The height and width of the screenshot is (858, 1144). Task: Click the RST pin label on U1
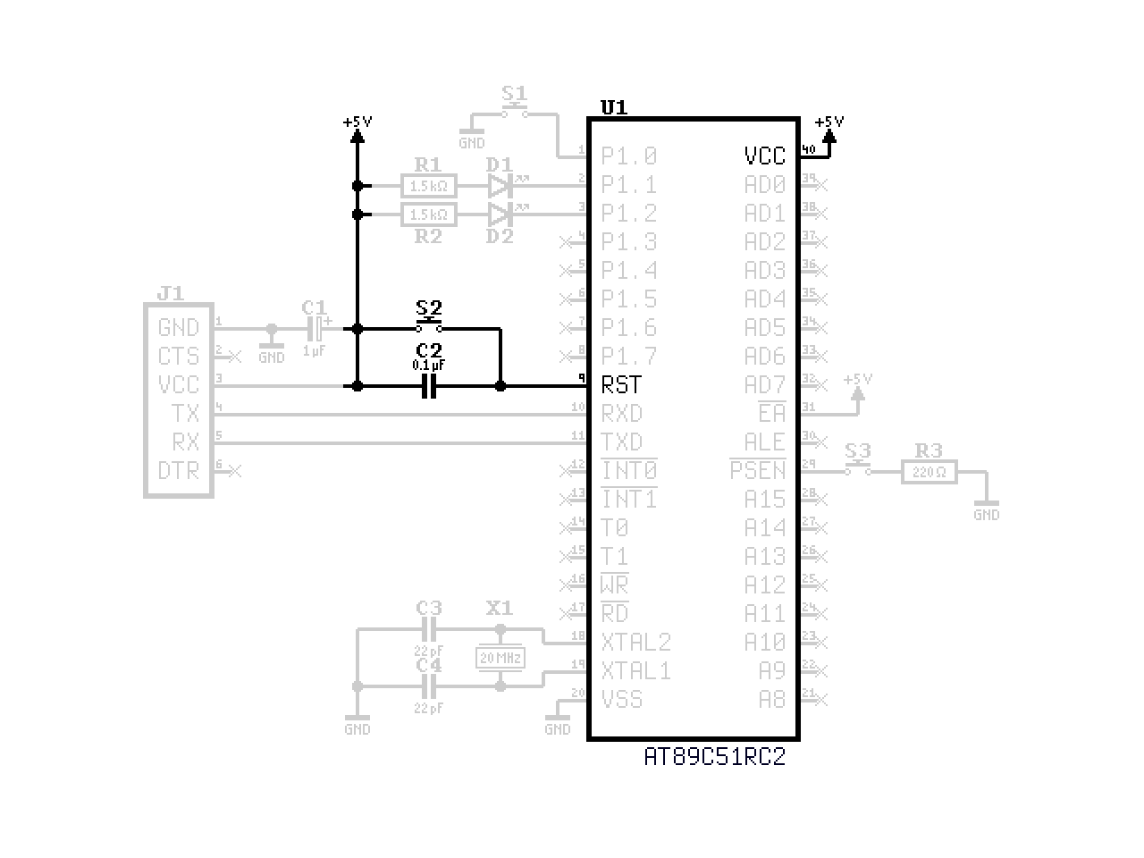(x=621, y=385)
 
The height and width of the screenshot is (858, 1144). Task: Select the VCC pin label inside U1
(x=764, y=156)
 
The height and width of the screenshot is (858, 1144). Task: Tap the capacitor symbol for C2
(x=429, y=386)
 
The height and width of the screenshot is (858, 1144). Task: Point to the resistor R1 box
(x=429, y=187)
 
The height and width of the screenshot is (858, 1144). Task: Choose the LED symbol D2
(x=500, y=214)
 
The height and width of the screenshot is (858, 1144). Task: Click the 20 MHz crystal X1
(x=500, y=659)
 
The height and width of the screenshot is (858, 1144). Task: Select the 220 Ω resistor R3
(x=929, y=472)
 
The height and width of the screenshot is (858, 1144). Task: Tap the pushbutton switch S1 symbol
(x=514, y=112)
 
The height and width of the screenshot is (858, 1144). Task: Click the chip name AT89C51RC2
(x=714, y=757)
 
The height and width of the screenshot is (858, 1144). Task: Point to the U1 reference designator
(x=613, y=108)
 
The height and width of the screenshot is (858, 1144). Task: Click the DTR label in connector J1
(x=179, y=470)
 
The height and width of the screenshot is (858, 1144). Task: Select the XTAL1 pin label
(x=635, y=671)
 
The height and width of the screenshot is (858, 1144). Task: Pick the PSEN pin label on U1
(x=758, y=471)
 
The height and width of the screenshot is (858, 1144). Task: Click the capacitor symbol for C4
(x=429, y=686)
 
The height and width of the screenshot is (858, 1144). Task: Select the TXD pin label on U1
(x=621, y=442)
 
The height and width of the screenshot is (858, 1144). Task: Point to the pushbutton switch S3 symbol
(x=858, y=468)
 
